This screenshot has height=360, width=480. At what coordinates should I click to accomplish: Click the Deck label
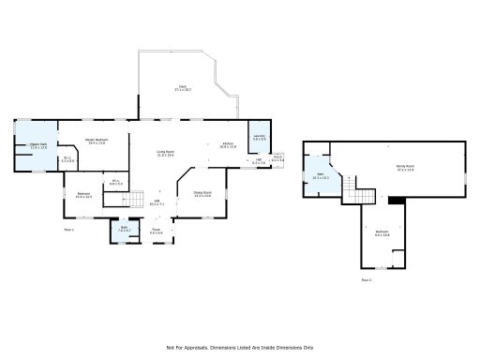tap(183, 88)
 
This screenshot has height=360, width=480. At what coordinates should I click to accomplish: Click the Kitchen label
tap(228, 146)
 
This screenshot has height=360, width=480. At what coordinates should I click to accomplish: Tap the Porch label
tap(277, 159)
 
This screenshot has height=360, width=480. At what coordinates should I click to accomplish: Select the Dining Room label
tap(202, 196)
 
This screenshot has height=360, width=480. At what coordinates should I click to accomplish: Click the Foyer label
tap(157, 230)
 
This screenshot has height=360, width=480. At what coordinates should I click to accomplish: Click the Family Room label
tap(405, 169)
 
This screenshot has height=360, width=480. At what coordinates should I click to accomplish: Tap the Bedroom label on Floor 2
tap(382, 234)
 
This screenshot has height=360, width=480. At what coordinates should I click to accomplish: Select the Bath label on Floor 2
tap(318, 175)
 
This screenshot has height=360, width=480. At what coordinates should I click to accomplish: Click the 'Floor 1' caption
tap(68, 229)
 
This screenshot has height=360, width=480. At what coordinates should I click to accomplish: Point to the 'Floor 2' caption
tap(367, 279)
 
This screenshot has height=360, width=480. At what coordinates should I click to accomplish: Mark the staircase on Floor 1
tap(139, 198)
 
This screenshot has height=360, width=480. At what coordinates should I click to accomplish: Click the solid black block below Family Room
tap(397, 199)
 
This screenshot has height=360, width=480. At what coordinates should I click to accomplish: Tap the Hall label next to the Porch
tap(259, 161)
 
